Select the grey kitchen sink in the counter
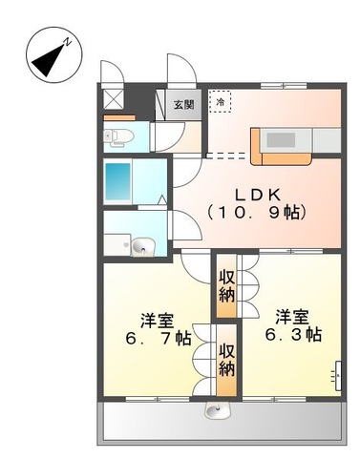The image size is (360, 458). [282, 139]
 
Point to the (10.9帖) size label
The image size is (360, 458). [258, 212]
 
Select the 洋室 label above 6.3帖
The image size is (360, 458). [290, 316]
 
